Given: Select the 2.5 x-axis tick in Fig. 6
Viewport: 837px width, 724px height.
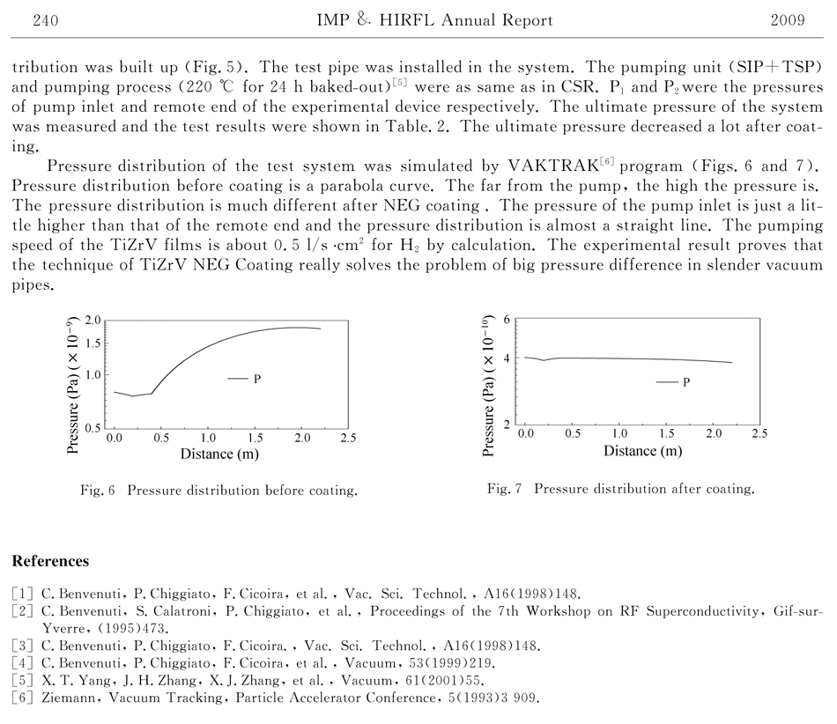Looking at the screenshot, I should [348, 437].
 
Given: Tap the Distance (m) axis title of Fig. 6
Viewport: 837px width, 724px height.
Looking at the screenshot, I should [220, 454].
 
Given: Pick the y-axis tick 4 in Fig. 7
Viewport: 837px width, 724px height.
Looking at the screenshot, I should [507, 358].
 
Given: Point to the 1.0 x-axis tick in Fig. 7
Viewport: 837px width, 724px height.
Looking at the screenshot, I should [620, 434].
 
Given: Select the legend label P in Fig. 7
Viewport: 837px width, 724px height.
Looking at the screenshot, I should [685, 382].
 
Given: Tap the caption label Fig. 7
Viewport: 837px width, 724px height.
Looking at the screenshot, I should [505, 489].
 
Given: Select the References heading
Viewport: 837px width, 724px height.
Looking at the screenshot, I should [50, 561].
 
